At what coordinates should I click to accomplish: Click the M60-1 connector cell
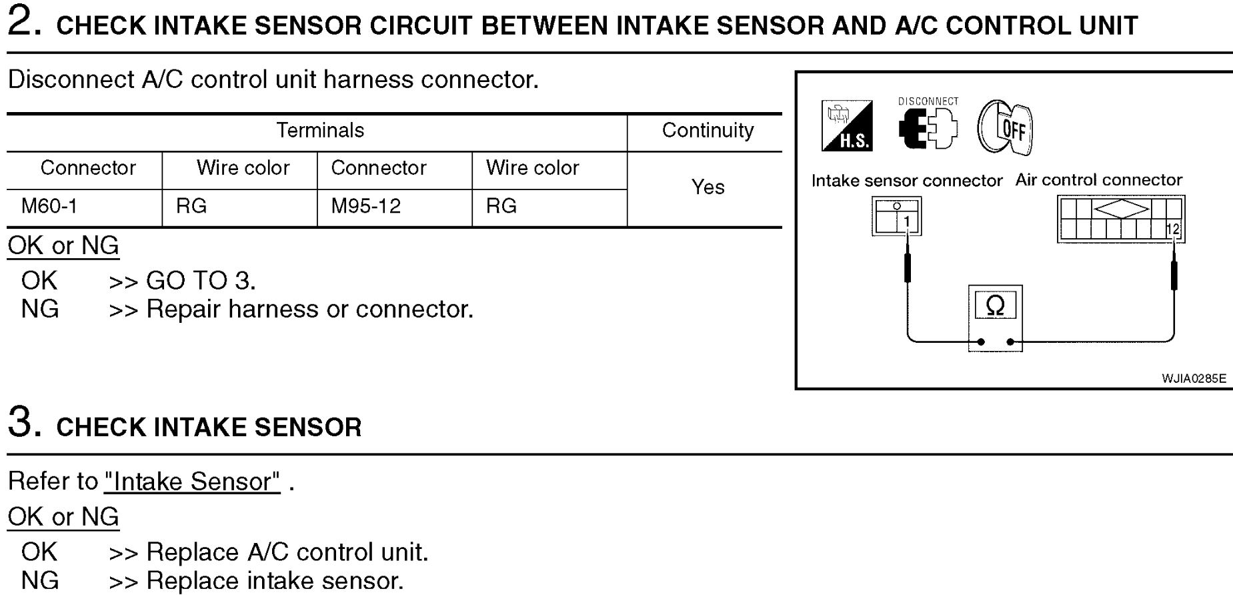coord(49,206)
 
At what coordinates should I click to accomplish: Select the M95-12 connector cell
coord(365,206)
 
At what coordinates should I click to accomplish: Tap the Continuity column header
coord(708,130)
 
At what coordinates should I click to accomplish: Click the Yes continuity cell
coord(708,187)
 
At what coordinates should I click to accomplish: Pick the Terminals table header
coord(320,130)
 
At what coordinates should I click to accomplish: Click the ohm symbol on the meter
coord(995,306)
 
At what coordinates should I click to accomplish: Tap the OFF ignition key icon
coord(1005,128)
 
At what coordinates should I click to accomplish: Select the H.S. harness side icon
coord(847,125)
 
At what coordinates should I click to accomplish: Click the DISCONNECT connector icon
coord(928,127)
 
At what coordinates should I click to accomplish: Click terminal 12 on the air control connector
coord(1173,229)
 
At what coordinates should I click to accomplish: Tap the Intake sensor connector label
coord(906,181)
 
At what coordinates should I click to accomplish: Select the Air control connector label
coord(1098,180)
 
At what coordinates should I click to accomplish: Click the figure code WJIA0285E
coord(1193,378)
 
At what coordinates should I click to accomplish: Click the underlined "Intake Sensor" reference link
coord(192,482)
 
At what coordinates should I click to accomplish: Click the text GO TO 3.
coord(201,281)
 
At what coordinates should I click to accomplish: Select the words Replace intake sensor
coord(275,580)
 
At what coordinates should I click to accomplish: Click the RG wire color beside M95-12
coord(501,206)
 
